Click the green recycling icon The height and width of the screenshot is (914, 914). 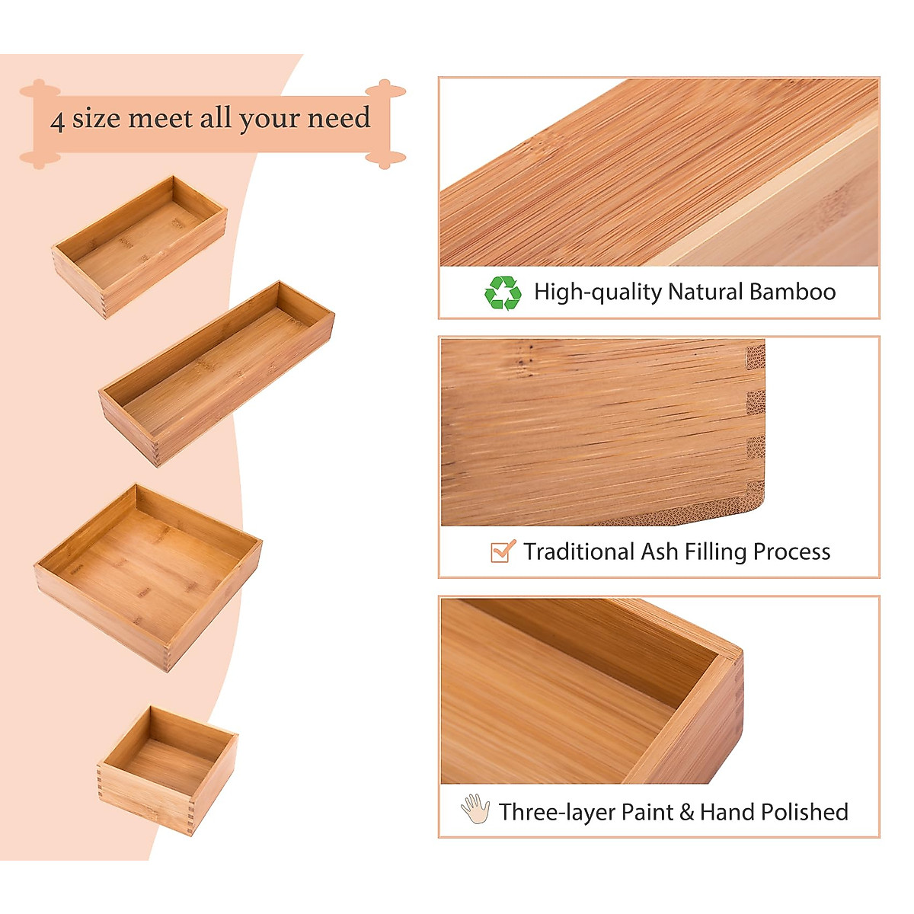coord(503,293)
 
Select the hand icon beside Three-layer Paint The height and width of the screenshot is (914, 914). coord(475,810)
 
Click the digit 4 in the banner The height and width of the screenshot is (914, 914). coord(57,120)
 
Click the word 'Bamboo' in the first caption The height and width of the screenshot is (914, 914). coord(792,292)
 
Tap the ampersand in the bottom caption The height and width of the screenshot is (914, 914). coord(686,812)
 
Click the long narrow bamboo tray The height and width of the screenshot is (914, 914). coord(217,373)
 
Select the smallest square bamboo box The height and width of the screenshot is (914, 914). coord(168,769)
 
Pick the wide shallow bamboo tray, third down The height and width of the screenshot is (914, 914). coord(149,577)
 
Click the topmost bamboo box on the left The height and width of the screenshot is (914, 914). coord(140,245)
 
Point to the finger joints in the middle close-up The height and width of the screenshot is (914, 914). coord(754,427)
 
